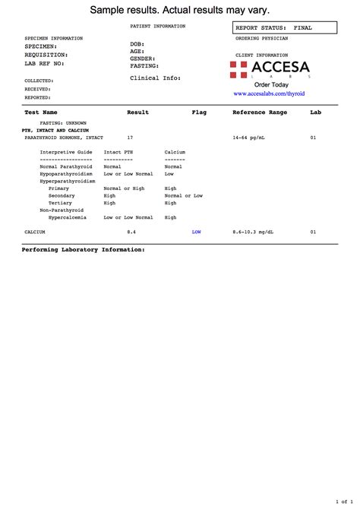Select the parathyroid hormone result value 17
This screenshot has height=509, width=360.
(x=130, y=138)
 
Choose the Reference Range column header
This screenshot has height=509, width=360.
(x=260, y=112)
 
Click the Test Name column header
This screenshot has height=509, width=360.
(x=41, y=112)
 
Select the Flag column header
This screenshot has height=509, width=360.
(x=200, y=112)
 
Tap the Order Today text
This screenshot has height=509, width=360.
(x=271, y=84)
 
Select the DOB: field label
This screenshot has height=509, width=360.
(x=137, y=44)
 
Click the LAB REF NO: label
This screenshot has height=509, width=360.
(x=44, y=63)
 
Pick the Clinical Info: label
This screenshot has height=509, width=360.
(x=154, y=77)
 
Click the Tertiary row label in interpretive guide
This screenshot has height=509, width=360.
(x=61, y=203)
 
